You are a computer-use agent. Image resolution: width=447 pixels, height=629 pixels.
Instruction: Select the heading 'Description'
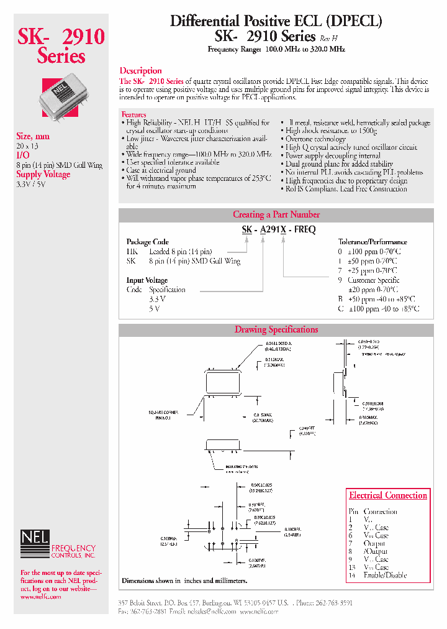[x=140, y=71]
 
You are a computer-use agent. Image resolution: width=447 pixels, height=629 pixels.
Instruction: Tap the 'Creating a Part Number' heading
[x=276, y=214]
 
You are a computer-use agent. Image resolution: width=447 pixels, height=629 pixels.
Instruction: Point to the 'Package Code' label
[x=147, y=242]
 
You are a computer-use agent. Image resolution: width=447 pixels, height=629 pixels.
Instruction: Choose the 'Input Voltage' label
[x=147, y=280]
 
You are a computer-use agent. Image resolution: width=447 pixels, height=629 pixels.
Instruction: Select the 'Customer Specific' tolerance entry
[x=373, y=280]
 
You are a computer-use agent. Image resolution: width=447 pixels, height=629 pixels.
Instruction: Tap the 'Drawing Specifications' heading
[x=276, y=329]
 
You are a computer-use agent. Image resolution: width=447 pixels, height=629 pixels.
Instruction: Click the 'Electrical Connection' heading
[x=388, y=495]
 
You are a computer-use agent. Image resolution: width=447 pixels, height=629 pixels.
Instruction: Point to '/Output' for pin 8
[x=376, y=551]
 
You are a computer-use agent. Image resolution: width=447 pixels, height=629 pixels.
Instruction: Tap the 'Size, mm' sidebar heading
[x=33, y=136]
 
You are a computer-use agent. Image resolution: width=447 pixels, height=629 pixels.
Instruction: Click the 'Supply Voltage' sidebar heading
[x=43, y=175]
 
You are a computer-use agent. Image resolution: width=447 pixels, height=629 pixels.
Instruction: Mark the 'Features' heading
[x=133, y=115]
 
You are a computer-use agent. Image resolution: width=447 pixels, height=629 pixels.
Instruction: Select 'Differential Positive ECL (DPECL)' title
[x=276, y=21]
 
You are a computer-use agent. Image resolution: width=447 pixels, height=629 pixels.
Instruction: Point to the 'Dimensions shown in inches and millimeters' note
[x=184, y=581]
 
